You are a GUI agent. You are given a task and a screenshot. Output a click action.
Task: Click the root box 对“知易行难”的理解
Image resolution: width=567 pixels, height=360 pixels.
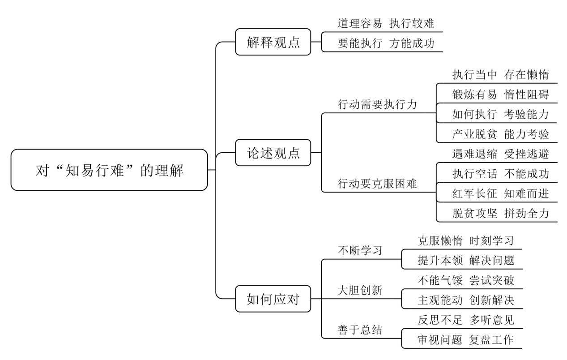109,170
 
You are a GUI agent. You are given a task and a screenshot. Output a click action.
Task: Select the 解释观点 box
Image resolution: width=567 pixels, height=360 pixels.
273,42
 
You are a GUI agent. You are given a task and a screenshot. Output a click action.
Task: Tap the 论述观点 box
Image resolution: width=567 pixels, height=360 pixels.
273,153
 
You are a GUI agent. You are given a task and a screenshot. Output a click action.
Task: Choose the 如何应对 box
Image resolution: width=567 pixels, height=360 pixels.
273,299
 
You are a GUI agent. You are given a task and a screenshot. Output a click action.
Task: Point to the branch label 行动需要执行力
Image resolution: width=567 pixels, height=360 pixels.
377,104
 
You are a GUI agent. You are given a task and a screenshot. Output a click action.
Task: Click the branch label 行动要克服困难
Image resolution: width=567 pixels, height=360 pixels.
377,184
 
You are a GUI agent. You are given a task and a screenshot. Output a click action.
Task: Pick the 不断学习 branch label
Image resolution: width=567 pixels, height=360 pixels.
360,251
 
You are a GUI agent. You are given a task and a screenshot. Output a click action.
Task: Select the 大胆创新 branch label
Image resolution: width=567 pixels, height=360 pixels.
360,290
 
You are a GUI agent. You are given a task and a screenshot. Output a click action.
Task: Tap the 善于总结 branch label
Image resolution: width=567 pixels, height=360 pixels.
360,330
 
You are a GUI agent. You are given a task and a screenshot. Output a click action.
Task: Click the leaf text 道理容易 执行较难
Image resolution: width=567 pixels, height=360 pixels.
386,24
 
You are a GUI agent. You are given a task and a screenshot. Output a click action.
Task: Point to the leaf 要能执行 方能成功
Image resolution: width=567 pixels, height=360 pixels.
386,43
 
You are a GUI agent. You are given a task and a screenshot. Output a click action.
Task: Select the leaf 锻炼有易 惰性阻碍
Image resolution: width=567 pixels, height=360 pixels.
500,94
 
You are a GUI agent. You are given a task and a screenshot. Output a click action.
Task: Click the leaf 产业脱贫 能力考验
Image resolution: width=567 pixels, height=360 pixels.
500,134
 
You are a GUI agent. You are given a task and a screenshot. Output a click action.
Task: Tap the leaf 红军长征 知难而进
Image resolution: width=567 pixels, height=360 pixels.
500,193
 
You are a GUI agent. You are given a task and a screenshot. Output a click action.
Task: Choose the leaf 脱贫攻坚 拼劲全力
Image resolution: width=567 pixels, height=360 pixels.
500,213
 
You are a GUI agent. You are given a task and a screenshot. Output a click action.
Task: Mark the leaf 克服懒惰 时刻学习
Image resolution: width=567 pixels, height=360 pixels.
466,241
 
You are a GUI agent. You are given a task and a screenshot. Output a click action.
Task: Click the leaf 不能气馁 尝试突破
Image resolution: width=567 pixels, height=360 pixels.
466,280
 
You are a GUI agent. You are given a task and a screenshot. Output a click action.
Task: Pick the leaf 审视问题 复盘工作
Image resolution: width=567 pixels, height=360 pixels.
466,340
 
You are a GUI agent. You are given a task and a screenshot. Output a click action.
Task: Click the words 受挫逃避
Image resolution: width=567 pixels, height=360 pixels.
526,154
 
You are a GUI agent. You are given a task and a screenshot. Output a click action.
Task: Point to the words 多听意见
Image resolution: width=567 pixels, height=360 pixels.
492,320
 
